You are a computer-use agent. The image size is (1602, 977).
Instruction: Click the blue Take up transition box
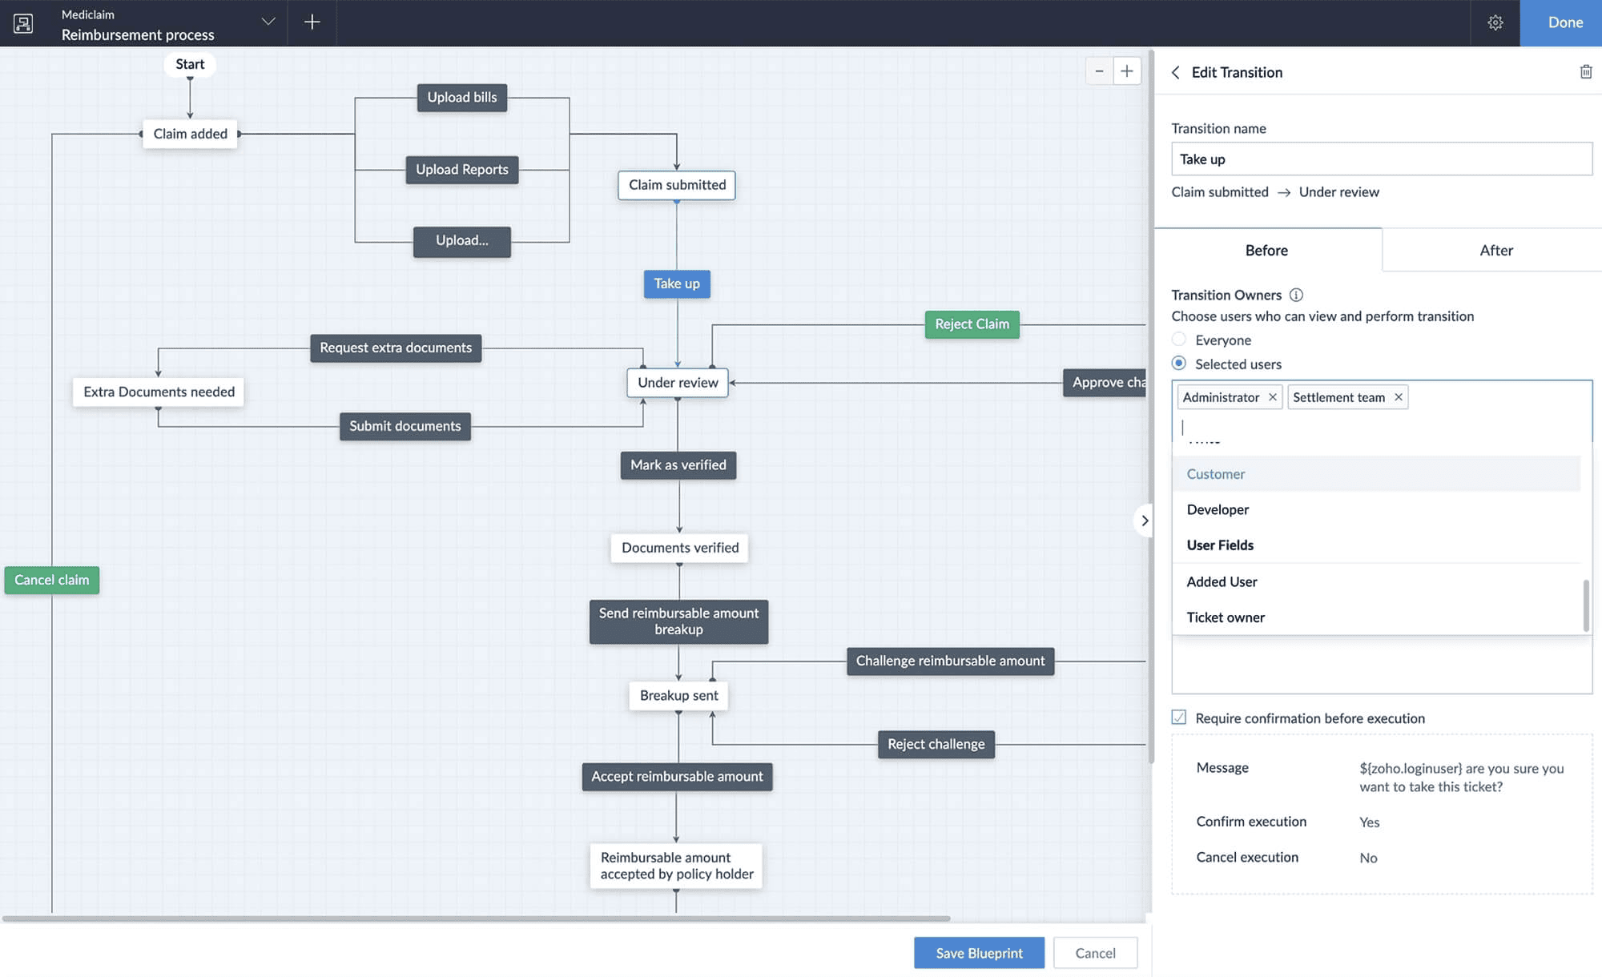click(x=677, y=283)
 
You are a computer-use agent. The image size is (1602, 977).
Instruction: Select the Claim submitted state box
click(x=677, y=185)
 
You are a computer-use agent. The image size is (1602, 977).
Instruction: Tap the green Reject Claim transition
click(x=972, y=324)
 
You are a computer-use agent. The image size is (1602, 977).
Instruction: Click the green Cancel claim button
click(x=52, y=580)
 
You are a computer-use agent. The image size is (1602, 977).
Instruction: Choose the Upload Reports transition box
click(x=462, y=170)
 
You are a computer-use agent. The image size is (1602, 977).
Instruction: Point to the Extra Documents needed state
click(x=159, y=392)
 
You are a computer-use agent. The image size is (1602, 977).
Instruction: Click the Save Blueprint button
click(x=979, y=953)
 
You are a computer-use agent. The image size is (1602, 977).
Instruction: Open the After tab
click(x=1495, y=251)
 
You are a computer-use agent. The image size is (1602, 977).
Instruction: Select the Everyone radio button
click(x=1179, y=340)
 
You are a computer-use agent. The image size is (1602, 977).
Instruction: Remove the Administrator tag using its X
click(x=1272, y=397)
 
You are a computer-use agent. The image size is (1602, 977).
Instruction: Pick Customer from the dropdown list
click(x=1216, y=474)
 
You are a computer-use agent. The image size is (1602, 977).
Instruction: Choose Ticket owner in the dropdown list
click(x=1226, y=617)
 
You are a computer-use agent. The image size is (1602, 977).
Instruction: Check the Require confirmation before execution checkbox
click(x=1179, y=718)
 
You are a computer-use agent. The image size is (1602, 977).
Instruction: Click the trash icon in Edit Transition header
click(x=1585, y=72)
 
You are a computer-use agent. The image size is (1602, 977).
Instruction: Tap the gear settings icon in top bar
click(x=1495, y=22)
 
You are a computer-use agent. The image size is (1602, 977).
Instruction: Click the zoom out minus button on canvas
click(x=1099, y=71)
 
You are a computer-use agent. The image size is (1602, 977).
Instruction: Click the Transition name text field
click(x=1381, y=159)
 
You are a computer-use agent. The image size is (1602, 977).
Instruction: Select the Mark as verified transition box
click(x=678, y=465)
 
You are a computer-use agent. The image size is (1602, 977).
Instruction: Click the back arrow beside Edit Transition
click(x=1175, y=72)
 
